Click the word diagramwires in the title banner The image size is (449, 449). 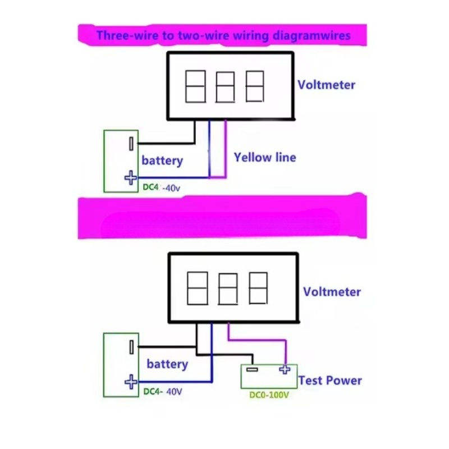[x=311, y=36]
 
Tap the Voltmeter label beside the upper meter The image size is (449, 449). [x=327, y=85]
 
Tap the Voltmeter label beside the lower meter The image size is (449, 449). [x=332, y=292]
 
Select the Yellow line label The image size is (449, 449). [x=265, y=157]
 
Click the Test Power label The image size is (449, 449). [x=330, y=381]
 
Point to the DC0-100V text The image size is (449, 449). [x=269, y=395]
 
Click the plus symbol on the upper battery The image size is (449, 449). [x=131, y=177]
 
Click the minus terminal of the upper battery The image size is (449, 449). [x=131, y=144]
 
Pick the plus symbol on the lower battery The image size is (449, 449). [x=131, y=382]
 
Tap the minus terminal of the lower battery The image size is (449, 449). [x=131, y=347]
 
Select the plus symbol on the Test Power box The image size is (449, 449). [x=285, y=369]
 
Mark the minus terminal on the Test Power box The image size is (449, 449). [x=252, y=369]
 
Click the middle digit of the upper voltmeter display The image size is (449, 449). [x=225, y=87]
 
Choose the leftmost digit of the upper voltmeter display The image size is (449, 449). [x=195, y=86]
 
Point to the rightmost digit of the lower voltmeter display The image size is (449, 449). [x=258, y=288]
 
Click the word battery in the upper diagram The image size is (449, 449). [x=162, y=161]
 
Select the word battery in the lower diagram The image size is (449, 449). [x=167, y=364]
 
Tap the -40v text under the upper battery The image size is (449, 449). [x=171, y=188]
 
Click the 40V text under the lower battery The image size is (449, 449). [x=174, y=391]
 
